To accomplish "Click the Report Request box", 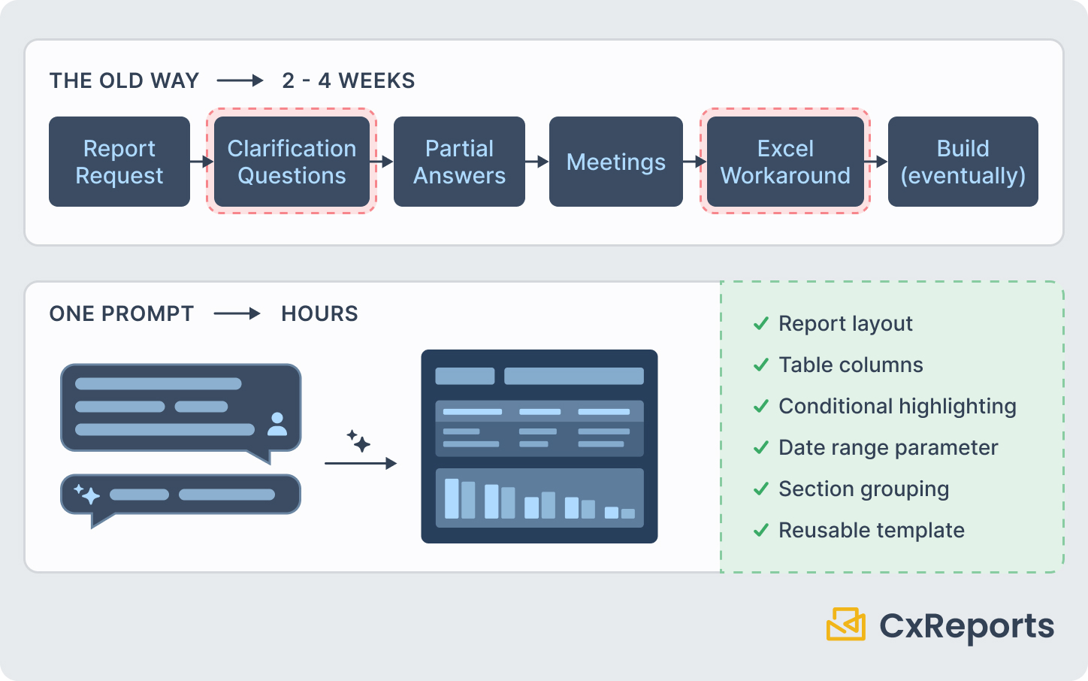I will [119, 162].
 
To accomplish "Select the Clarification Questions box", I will [292, 162].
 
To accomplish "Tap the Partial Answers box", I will [459, 162].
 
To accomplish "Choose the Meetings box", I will [615, 162].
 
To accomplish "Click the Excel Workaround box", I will [785, 162].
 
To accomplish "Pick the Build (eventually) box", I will [963, 162].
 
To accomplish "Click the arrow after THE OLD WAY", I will [240, 80].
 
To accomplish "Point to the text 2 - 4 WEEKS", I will [348, 80].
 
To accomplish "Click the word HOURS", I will [319, 313].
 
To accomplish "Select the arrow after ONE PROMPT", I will [237, 313].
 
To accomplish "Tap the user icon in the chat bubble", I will [277, 424].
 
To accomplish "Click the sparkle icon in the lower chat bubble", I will [87, 494].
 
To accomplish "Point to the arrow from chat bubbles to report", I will [360, 463].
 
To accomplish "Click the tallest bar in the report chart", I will [452, 498].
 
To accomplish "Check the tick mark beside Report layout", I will [761, 323].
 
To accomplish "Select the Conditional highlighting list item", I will [896, 406].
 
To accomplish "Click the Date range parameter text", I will [887, 447].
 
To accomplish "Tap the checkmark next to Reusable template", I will [761, 530].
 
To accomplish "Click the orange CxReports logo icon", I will [846, 625].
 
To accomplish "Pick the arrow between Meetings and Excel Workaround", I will [695, 162].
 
